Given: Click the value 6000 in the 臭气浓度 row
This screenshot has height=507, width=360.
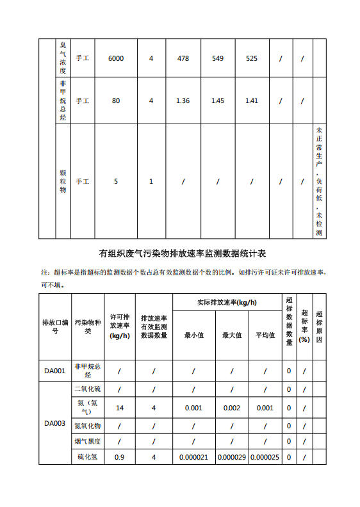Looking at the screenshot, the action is point(116,59).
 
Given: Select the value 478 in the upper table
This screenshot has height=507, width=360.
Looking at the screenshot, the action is point(183,59).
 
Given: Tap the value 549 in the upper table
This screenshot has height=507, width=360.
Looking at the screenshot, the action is point(218,59).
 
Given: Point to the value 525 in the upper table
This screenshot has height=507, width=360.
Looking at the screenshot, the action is point(252,59).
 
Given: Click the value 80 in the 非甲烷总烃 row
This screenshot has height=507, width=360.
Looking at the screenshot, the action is point(116,101).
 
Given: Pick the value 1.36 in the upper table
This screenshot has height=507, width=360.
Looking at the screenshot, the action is point(183,101).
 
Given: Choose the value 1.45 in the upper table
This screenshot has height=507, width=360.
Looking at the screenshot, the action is point(218,101).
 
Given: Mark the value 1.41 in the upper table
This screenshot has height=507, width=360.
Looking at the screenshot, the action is point(252,101).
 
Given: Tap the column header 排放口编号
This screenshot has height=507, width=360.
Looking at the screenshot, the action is point(55,326).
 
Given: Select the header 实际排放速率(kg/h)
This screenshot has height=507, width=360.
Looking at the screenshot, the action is point(227,302).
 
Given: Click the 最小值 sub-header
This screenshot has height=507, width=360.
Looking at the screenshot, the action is point(193,335).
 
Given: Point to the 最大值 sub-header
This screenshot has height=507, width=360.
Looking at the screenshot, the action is point(231,335).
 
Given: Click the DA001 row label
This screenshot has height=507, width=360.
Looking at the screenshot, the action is point(55,370).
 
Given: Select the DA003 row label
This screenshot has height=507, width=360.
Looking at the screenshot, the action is point(55,423).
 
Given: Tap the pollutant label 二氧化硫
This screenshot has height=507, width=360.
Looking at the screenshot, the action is point(88,389).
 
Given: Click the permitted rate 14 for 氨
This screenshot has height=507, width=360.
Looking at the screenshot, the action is point(119,408).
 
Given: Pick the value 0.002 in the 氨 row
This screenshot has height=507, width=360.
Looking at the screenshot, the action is point(231,408).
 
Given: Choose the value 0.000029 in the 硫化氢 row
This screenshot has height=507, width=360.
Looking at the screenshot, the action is point(231,457).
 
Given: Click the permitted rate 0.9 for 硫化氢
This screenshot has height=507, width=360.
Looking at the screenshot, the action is point(119,457).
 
